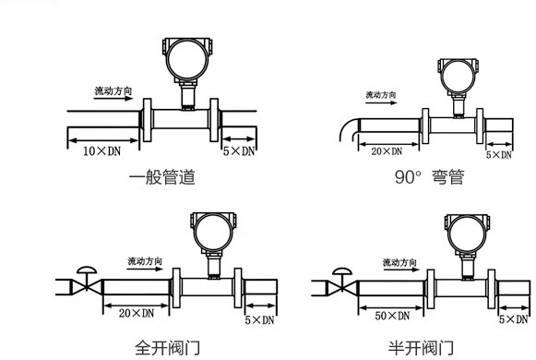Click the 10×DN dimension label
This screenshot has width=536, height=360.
[101, 150]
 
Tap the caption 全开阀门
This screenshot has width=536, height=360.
[165, 348]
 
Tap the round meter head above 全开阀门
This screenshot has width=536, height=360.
[210, 228]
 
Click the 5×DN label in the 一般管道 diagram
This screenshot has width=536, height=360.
[239, 150]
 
